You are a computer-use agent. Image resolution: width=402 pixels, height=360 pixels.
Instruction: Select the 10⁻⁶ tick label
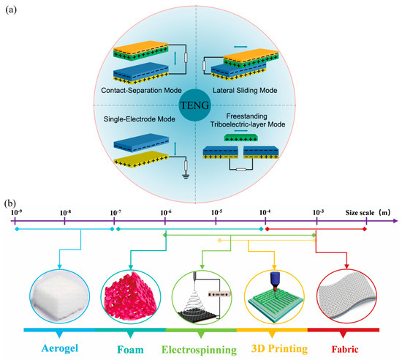tap(165, 213)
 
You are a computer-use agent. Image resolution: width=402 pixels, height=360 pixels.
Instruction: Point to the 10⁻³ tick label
tap(318, 213)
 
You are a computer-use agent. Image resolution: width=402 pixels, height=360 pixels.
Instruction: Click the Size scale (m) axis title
tap(369, 213)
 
